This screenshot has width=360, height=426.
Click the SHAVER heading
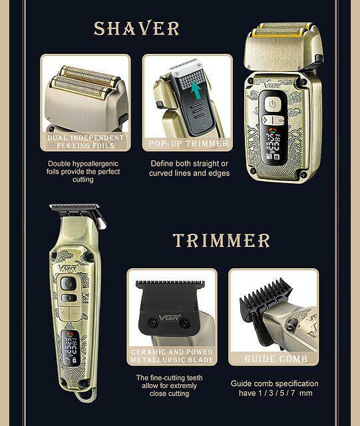pyautogui.click(x=136, y=28)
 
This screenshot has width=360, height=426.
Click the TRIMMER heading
pyautogui.click(x=222, y=240)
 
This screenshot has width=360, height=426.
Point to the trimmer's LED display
pyautogui.click(x=71, y=348)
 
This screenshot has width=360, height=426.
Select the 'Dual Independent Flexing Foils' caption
pyautogui.click(x=86, y=142)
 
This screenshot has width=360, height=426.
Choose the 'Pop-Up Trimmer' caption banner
pyautogui.click(x=188, y=144)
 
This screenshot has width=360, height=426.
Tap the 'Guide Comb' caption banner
pyautogui.click(x=275, y=359)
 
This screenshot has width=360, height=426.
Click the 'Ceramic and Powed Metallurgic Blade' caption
pyautogui.click(x=172, y=355)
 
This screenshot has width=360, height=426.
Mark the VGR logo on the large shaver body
pyautogui.click(x=272, y=86)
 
